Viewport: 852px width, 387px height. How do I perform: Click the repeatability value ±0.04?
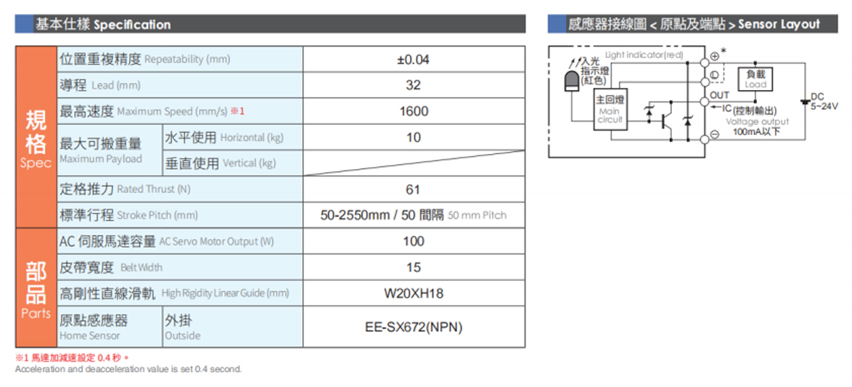coord(414,60)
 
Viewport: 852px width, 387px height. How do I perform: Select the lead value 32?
coord(414,86)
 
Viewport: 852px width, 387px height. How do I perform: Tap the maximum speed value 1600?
coord(414,111)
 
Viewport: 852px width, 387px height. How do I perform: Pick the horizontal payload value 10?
coord(414,137)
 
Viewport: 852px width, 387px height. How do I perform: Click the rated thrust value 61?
coord(414,190)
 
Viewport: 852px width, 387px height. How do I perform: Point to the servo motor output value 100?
coord(414,241)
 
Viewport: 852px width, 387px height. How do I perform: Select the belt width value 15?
coord(414,267)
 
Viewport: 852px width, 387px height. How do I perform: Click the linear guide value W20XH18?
coord(414,294)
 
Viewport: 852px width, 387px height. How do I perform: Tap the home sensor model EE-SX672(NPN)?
coord(414,327)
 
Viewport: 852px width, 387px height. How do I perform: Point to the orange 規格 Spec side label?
coord(36,138)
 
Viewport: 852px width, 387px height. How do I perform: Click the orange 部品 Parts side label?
coord(36,289)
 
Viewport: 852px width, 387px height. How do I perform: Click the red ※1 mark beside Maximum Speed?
coord(237,111)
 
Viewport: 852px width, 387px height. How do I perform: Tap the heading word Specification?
coord(133,25)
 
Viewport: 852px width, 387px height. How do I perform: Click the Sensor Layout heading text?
coord(779,25)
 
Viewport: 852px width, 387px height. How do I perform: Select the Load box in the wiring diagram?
coord(755,79)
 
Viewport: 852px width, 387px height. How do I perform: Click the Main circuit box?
coord(610,110)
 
